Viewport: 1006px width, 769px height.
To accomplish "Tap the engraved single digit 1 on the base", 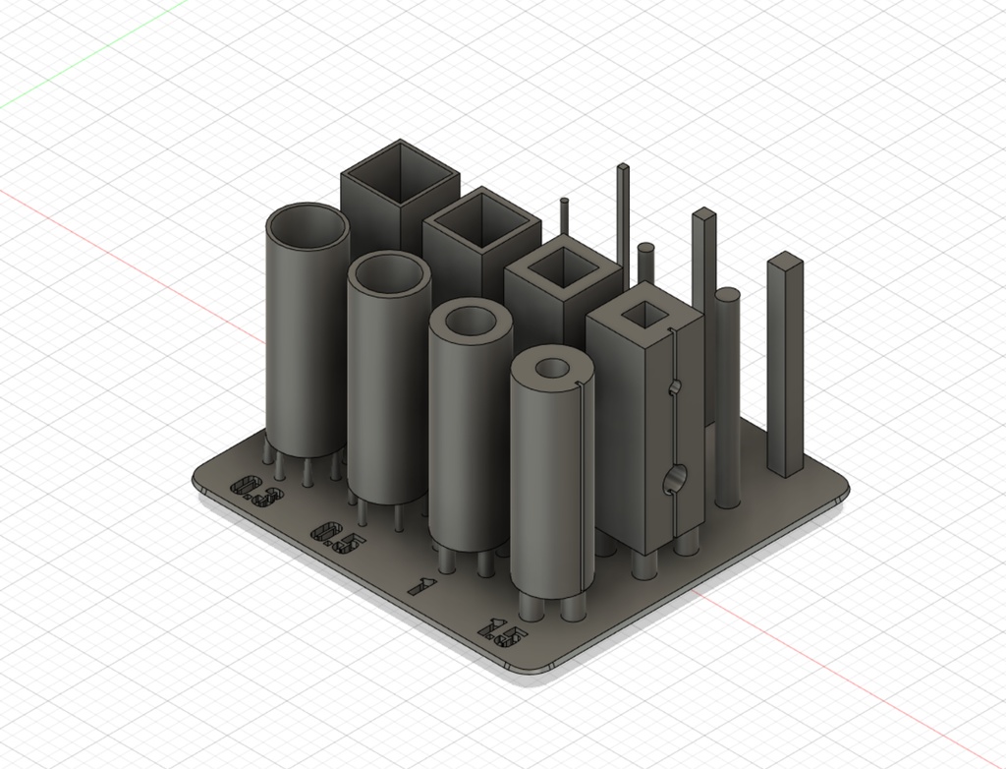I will [420, 587].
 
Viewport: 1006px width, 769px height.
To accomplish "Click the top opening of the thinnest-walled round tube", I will [307, 228].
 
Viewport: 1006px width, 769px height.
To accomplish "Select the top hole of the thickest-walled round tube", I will [553, 369].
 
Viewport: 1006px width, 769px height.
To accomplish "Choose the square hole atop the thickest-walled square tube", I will [645, 313].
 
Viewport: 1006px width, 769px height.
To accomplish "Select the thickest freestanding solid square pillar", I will [785, 364].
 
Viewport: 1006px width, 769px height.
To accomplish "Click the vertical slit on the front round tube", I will [587, 472].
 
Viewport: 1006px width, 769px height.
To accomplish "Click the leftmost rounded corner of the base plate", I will [202, 477].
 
